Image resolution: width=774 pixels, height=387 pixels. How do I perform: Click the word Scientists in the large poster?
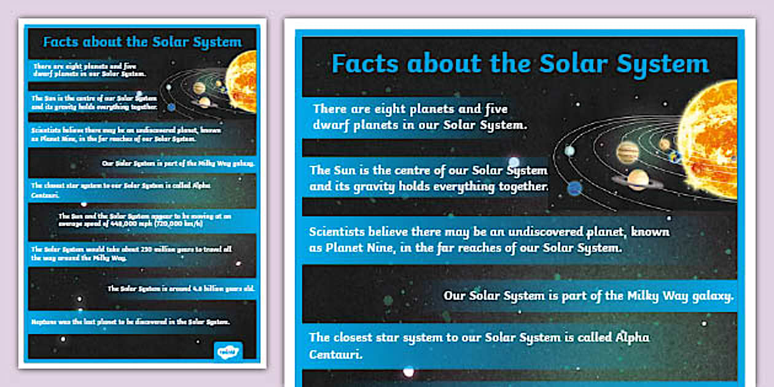[x=338, y=232]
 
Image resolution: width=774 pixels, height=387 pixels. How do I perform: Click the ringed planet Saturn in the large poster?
[x=638, y=179]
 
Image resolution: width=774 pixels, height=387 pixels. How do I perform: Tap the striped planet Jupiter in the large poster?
[x=628, y=151]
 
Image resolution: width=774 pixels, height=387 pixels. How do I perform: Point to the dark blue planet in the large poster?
[x=575, y=188]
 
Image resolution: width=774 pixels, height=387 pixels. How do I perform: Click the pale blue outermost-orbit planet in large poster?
[x=570, y=150]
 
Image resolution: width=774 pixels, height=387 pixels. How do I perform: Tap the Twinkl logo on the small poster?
[x=229, y=351]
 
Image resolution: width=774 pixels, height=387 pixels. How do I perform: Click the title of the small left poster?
[x=142, y=42]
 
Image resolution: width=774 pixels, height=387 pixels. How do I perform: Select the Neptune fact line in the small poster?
[x=131, y=321]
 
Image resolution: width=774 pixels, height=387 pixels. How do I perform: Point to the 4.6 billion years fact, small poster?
[x=181, y=288]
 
